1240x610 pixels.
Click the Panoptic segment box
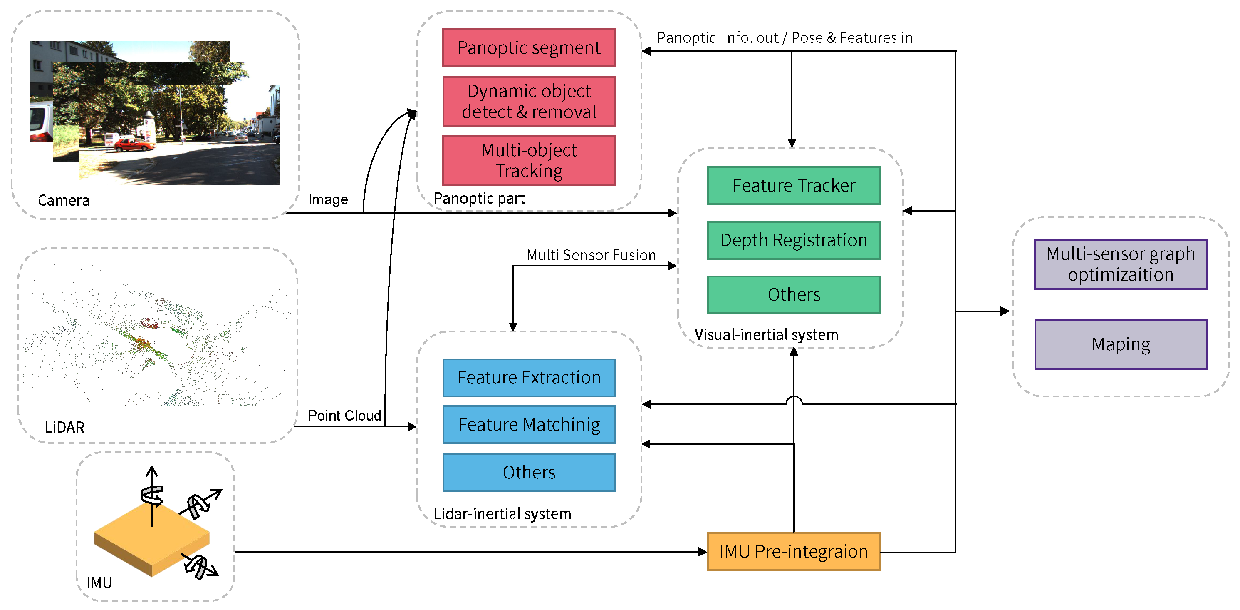click(529, 48)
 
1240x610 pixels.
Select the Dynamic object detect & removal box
click(529, 101)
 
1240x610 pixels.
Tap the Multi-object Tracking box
click(529, 160)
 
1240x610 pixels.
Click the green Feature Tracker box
click(793, 186)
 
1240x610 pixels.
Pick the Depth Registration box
click(793, 240)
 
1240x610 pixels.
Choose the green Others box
click(793, 294)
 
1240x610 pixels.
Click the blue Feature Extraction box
click(529, 377)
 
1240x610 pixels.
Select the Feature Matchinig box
click(529, 424)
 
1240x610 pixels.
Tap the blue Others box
click(529, 472)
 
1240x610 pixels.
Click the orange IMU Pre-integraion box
click(793, 551)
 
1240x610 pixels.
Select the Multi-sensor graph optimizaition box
click(1120, 264)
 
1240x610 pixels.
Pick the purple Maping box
click(1120, 344)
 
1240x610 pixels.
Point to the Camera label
click(64, 200)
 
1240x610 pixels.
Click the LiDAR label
click(64, 427)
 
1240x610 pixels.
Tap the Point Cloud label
click(344, 415)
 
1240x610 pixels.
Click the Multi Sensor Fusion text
click(591, 255)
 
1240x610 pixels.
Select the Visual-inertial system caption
click(766, 334)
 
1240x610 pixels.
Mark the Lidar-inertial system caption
click(502, 514)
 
